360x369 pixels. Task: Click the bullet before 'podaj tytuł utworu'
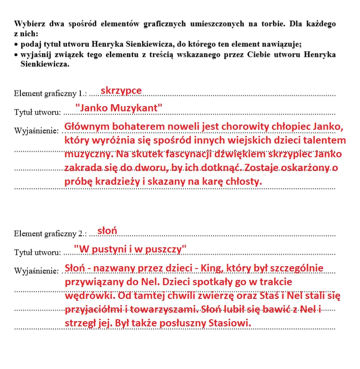point(16,44)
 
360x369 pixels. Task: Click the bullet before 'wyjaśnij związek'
point(16,54)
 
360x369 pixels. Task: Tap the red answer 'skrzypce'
point(121,90)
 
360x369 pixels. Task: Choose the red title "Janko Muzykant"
point(118,108)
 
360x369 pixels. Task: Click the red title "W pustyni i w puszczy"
point(130,249)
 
